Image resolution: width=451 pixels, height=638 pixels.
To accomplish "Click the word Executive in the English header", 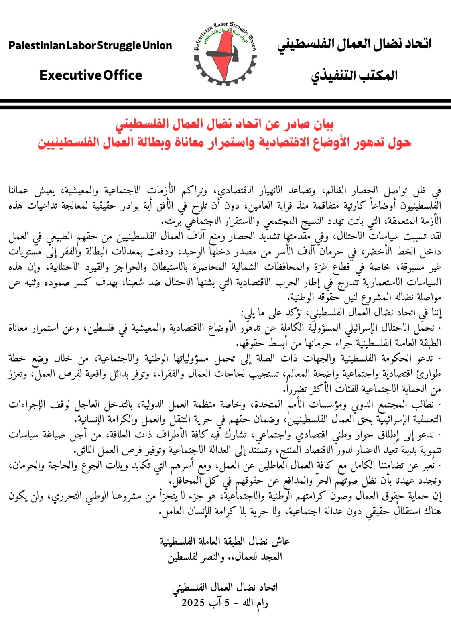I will [x=70, y=75].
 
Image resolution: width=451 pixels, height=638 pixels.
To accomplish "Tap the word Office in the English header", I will [x=122, y=75].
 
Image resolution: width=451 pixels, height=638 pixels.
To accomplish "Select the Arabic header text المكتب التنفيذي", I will [x=354, y=75].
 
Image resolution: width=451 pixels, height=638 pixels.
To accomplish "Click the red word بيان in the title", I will [x=322, y=124].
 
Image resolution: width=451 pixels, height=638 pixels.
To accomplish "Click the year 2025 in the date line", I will [x=193, y=602].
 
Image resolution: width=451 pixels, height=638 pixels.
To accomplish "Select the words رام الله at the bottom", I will [x=255, y=602].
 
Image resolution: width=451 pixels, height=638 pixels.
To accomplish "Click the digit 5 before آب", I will [x=226, y=602].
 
